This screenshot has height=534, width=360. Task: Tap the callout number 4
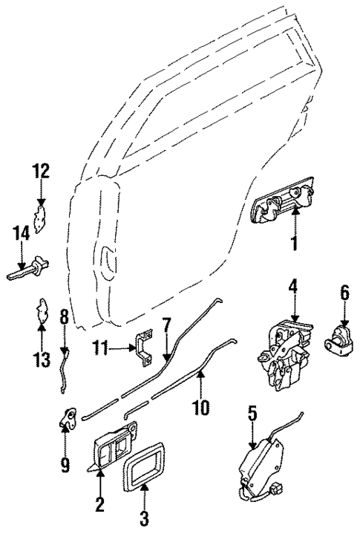click(x=294, y=287)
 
